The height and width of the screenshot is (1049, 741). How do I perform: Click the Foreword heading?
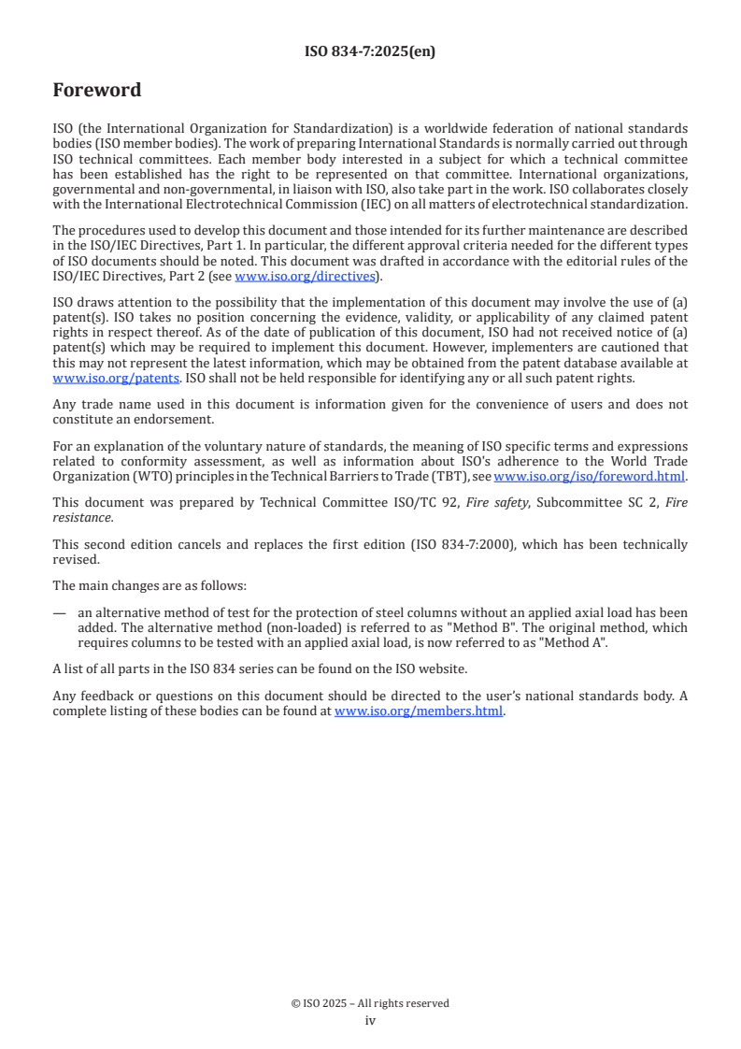[x=97, y=91]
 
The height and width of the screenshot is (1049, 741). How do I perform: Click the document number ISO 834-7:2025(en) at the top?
[x=370, y=52]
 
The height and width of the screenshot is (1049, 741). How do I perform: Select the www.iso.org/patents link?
[x=89, y=378]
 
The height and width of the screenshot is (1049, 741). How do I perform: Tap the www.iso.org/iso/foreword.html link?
[x=590, y=476]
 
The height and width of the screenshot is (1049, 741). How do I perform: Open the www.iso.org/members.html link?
[x=419, y=711]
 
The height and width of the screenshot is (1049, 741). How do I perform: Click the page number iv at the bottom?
[x=370, y=1020]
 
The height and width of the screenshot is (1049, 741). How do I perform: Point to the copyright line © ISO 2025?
[x=370, y=1003]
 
